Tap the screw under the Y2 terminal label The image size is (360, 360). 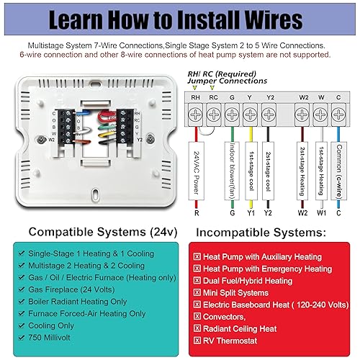268,113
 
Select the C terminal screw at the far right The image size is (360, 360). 338,113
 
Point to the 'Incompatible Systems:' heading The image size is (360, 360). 269,232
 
